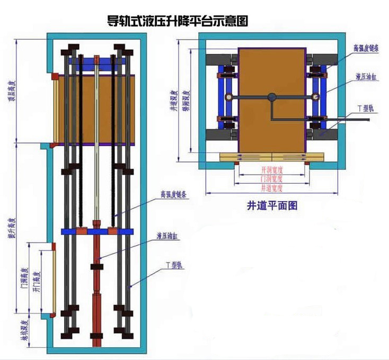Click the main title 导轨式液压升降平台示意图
coord(178,22)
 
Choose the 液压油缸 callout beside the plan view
coord(365,78)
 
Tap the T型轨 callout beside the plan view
coord(366,107)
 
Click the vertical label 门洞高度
coord(24,277)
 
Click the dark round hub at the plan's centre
coord(272,97)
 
